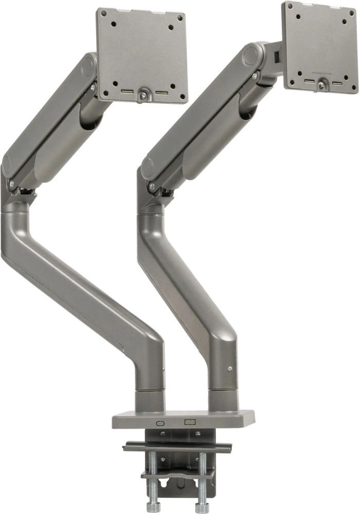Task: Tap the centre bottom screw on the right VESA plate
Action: pyautogui.click(x=321, y=85)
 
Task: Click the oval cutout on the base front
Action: pyautogui.click(x=159, y=423)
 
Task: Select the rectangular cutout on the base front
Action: pyautogui.click(x=190, y=422)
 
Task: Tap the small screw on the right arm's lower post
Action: pyautogui.click(x=230, y=368)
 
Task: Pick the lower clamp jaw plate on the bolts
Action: pyautogui.click(x=177, y=475)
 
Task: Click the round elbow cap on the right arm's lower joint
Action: pyautogui.click(x=148, y=167)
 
